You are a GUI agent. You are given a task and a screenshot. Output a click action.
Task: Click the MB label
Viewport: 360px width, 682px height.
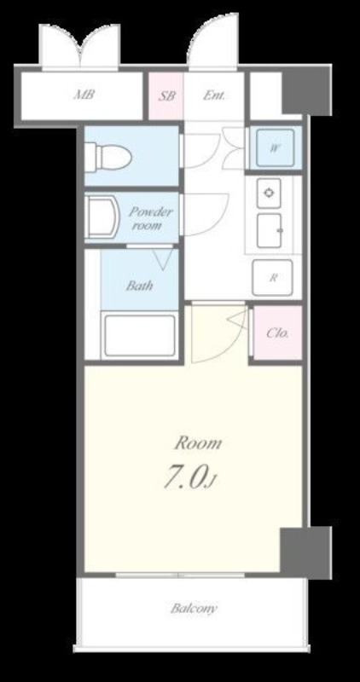tap(84, 95)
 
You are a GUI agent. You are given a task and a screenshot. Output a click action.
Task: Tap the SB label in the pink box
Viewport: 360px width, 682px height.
tap(166, 95)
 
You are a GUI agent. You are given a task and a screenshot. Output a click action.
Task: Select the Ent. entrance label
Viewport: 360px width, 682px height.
tap(214, 95)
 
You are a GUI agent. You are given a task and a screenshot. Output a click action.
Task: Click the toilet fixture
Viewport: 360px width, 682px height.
tap(108, 155)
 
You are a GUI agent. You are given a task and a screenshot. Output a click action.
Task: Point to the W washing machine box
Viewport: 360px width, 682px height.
tap(274, 147)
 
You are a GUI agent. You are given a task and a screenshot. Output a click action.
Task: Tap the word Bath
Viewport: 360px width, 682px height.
tap(139, 286)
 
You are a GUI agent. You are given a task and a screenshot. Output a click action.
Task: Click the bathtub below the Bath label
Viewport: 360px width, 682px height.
tap(139, 334)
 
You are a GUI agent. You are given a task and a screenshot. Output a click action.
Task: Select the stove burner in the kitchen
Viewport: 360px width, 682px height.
tap(269, 194)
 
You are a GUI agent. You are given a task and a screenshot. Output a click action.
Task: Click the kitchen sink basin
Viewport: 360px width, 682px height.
tap(269, 230)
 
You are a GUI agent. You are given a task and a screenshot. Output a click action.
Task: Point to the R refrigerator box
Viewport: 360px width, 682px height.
tap(272, 278)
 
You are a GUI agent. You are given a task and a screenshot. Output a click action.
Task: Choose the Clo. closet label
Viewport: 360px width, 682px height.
tap(277, 333)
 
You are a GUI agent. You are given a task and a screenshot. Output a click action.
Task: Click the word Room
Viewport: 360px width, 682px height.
tap(198, 443)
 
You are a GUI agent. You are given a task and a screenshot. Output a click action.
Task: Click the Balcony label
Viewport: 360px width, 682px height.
tap(194, 608)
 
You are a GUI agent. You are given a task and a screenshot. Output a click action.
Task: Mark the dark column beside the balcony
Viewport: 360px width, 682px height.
tap(305, 552)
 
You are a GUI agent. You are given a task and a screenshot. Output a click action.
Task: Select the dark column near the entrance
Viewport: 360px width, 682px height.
tap(306, 93)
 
